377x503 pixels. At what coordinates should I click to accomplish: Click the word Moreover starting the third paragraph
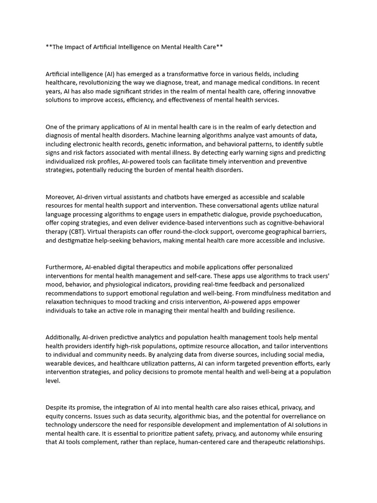point(62,197)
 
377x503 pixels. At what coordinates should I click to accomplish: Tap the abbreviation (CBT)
point(78,232)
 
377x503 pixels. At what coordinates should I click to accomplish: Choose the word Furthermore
point(64,267)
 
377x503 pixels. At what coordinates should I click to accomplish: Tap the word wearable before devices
point(60,363)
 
